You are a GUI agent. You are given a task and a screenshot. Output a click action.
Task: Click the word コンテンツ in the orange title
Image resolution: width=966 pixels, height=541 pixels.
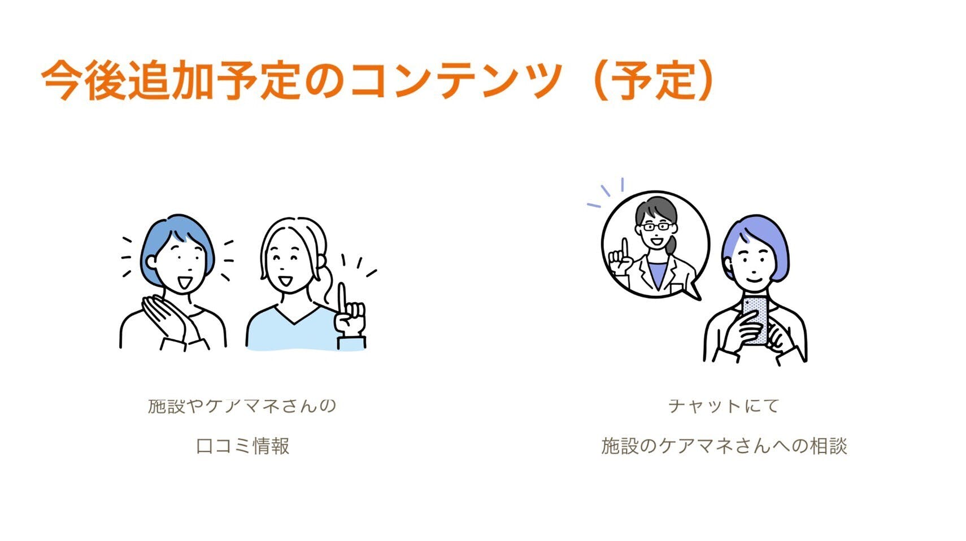[456, 81]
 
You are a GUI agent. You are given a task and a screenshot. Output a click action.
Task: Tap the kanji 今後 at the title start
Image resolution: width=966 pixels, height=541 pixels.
[84, 81]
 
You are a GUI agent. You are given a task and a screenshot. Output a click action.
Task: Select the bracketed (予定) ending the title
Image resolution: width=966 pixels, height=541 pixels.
[654, 81]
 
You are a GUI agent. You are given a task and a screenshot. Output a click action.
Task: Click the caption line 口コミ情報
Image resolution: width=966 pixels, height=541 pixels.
[242, 446]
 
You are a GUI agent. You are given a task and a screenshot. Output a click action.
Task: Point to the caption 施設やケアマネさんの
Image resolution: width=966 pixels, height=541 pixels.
[242, 406]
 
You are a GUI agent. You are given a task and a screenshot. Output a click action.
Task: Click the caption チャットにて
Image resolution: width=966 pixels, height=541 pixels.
[724, 406]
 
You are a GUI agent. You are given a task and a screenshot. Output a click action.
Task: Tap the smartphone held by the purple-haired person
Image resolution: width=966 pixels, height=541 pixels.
[755, 320]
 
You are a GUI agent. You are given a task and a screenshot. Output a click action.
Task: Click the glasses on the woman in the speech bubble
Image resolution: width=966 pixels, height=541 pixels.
[656, 226]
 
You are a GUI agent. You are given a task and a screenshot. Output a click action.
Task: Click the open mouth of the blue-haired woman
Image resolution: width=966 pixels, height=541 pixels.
[185, 283]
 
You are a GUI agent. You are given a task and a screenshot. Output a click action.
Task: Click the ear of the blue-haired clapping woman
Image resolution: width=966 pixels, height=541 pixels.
[151, 261]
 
